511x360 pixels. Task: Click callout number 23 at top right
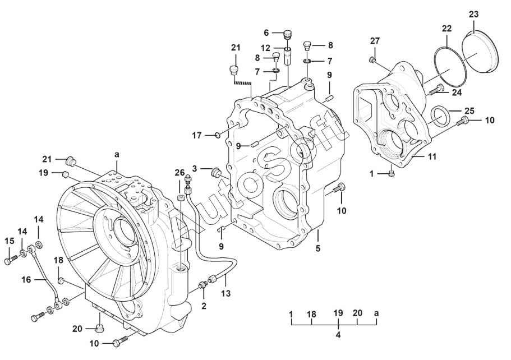point(473,15)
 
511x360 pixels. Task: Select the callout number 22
point(447,29)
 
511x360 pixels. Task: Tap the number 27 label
point(375,41)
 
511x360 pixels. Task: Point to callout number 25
point(469,110)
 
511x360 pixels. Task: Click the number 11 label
point(432,156)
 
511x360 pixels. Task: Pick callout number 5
point(317,248)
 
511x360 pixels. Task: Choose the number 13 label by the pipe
point(225,293)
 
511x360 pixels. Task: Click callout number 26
point(179,173)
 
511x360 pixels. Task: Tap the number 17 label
point(197,135)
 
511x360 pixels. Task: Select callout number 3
point(195,168)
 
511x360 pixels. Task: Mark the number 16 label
point(26,279)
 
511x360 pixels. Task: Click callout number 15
point(10,241)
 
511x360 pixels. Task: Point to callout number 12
point(265,48)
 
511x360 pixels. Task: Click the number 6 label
point(266,33)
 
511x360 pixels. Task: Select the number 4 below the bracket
point(338,335)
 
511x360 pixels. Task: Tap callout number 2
point(204,306)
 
